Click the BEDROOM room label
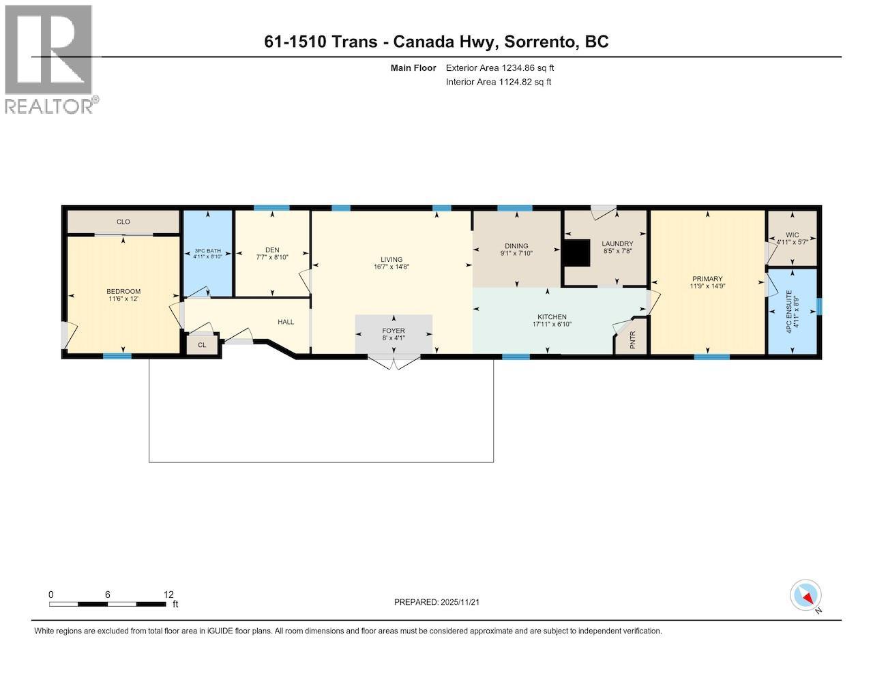(123, 291)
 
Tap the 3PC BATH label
(208, 250)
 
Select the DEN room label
(272, 250)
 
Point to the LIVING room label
(391, 259)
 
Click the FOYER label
(394, 331)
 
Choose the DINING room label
(516, 245)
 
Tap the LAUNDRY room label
(617, 243)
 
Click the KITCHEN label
(552, 317)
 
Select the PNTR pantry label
(633, 340)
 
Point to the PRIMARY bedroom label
(707, 278)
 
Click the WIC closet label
(793, 235)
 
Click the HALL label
(286, 322)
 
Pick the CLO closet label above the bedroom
(123, 222)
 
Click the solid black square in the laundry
(577, 253)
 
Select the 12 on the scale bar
(168, 595)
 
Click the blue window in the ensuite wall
(819, 306)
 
